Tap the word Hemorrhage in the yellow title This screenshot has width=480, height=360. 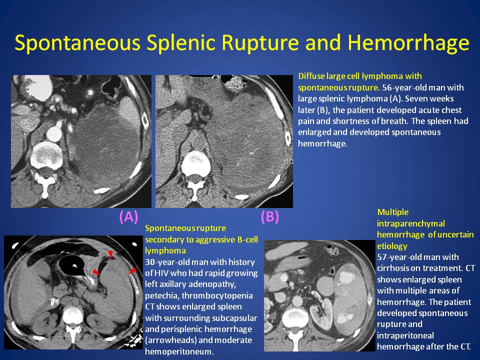pyautogui.click(x=408, y=43)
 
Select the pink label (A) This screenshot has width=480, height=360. pyautogui.click(x=128, y=216)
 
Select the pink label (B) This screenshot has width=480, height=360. pyautogui.click(x=269, y=216)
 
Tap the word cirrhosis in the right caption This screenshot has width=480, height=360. pyautogui.click(x=391, y=268)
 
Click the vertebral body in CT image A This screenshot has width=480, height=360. pyautogui.click(x=46, y=153)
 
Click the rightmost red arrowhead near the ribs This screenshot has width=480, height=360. pyautogui.click(x=132, y=271)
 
